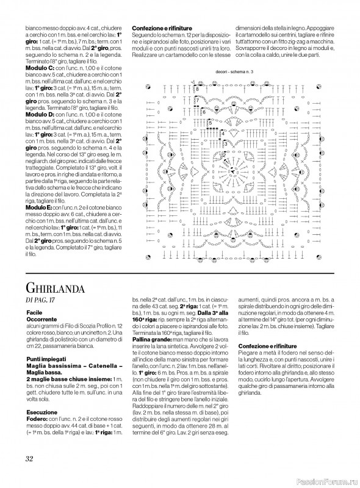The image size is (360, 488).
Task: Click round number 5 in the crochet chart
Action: pos(211,122)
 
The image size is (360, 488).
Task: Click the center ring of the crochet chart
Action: pos(231,166)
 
